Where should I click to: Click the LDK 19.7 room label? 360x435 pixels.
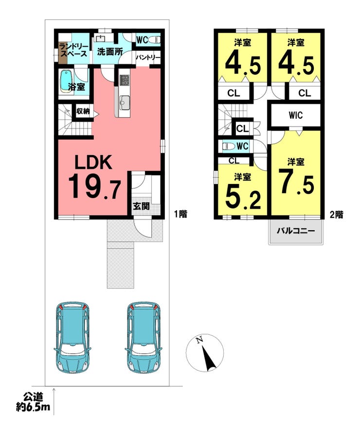(x=94, y=177)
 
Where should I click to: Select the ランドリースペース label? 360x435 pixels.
(x=73, y=50)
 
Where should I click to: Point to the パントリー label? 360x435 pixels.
(x=148, y=58)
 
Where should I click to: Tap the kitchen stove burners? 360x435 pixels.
(x=124, y=80)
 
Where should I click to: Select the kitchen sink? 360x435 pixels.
(x=124, y=102)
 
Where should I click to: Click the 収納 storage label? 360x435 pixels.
(x=83, y=111)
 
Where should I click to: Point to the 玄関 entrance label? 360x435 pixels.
(x=141, y=206)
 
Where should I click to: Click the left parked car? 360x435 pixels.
(x=73, y=337)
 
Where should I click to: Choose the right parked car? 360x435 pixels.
(x=144, y=337)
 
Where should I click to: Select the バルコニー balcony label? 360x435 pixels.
(x=296, y=231)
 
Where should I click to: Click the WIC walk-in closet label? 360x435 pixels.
(x=295, y=115)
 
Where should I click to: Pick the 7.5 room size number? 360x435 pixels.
(x=296, y=182)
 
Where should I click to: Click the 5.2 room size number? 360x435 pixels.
(x=243, y=197)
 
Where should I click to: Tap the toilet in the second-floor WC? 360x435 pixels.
(x=228, y=146)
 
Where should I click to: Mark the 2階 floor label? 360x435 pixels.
(x=337, y=215)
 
